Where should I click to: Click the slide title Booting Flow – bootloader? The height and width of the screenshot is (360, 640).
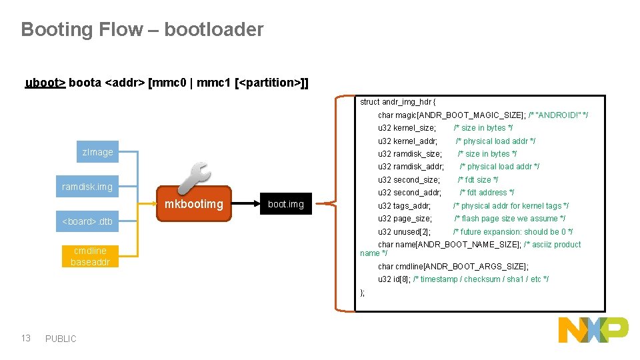coord(142,29)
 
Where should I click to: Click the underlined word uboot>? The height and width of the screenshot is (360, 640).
coord(45,83)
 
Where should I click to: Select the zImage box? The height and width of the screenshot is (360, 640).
coord(98,152)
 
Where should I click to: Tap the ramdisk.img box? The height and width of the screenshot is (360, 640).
coord(87,187)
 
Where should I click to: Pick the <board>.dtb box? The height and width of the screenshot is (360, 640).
coord(87,221)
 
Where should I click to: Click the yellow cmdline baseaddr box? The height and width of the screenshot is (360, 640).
coord(90,256)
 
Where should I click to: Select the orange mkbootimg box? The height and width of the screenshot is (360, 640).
coord(193,204)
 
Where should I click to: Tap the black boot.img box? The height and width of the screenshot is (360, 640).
coord(285,204)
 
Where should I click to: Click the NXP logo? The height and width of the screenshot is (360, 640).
coord(593,331)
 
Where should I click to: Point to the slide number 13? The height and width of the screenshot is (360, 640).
coord(26,338)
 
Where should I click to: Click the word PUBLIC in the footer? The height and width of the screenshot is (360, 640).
coord(61,339)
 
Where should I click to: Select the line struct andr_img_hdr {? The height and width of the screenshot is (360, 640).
coord(398,102)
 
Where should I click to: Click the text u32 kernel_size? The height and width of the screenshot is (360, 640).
coord(407,128)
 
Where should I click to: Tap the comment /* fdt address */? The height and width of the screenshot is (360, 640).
coord(487,193)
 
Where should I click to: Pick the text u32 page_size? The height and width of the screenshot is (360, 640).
coord(405,219)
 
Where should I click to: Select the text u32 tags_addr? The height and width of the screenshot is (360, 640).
coord(404,206)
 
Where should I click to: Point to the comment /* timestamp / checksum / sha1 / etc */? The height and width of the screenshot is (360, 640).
coord(481,279)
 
